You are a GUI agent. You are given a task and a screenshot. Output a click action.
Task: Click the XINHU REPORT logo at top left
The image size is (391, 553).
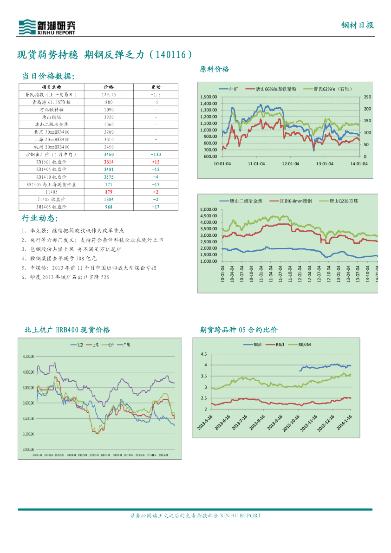pos(46,27)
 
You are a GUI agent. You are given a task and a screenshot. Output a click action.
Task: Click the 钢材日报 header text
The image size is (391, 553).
pos(358,26)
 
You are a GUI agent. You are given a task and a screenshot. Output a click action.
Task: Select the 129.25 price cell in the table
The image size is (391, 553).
pos(109,94)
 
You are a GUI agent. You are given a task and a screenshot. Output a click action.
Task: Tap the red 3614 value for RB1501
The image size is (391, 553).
pos(109,162)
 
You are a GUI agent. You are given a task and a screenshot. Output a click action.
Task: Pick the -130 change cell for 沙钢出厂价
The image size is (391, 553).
pos(156,154)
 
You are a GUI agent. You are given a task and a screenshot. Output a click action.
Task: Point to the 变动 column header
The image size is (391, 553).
pos(156,87)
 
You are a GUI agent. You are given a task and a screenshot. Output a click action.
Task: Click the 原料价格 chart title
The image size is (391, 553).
pos(215,69)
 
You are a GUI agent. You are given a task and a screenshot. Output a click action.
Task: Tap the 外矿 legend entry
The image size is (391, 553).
pos(234,88)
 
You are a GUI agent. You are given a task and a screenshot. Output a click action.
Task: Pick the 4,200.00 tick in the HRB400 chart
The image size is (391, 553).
pos(29,357)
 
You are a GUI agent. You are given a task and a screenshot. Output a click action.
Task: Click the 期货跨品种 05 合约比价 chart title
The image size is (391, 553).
pos(238,330)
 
